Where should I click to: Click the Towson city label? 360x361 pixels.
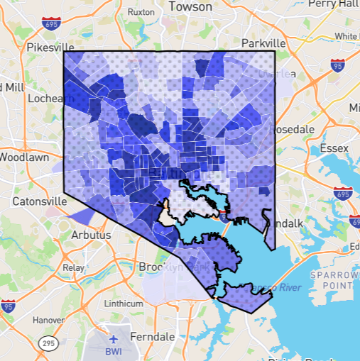click(190, 6)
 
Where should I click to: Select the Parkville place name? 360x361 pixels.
click(263, 43)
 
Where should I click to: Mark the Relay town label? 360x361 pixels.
click(73, 268)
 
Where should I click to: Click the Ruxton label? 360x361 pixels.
click(142, 12)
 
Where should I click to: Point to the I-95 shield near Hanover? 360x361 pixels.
click(8, 307)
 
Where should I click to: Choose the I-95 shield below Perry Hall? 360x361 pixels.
click(338, 67)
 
